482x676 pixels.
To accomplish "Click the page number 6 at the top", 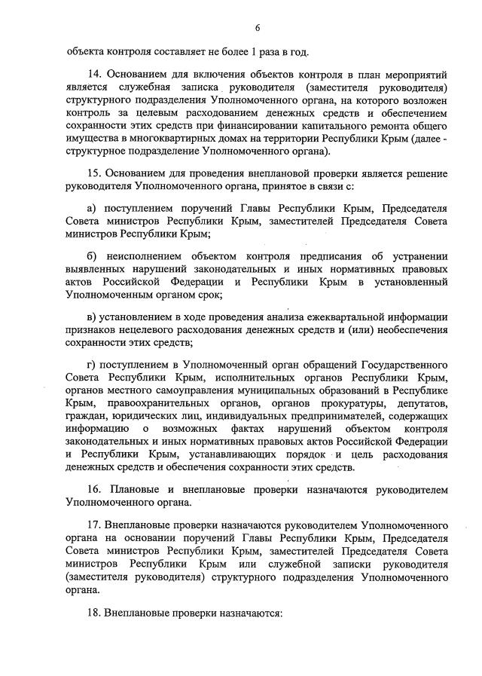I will (257, 28).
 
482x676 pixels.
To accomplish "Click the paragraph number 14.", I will (95, 75).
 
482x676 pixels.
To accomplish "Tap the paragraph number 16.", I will (95, 489).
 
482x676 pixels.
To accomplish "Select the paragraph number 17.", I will (94, 524).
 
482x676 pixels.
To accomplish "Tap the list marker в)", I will (93, 317).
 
